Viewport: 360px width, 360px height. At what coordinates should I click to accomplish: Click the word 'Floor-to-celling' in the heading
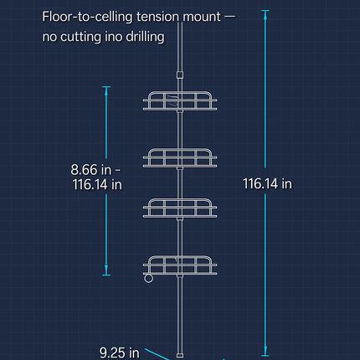tap(87, 17)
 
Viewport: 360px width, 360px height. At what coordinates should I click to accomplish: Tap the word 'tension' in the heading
tap(157, 17)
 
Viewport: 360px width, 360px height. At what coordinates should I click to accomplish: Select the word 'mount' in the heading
tap(202, 17)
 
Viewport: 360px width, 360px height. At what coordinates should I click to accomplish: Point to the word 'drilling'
tap(145, 37)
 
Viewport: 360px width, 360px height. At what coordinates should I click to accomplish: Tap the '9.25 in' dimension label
tap(120, 352)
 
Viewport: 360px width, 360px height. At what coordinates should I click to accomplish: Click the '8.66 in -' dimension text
tap(95, 170)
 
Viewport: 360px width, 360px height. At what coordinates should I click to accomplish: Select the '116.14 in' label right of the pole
tap(267, 184)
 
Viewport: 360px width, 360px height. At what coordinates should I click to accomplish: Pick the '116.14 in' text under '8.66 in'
tap(97, 184)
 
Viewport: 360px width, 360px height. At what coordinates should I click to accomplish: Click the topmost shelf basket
tap(180, 100)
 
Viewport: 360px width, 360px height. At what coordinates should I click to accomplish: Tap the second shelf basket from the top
tap(180, 158)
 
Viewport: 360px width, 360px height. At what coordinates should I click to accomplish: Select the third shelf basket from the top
tap(180, 208)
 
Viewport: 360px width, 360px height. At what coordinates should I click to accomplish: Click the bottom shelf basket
tap(180, 265)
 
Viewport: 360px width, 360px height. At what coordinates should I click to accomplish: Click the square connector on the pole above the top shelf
tap(180, 75)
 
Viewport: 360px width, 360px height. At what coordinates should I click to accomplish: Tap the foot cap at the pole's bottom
tap(180, 355)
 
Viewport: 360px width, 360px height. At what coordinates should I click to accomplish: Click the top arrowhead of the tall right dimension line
tap(265, 14)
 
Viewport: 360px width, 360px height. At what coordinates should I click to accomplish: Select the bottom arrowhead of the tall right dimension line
tap(265, 351)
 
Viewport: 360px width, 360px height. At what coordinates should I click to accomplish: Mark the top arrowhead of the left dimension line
tap(106, 91)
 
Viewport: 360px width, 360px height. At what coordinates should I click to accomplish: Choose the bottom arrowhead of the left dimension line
tap(106, 270)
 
